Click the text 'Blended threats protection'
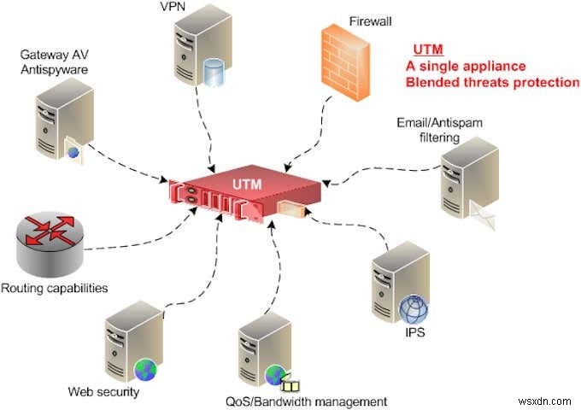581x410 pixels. (x=492, y=82)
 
